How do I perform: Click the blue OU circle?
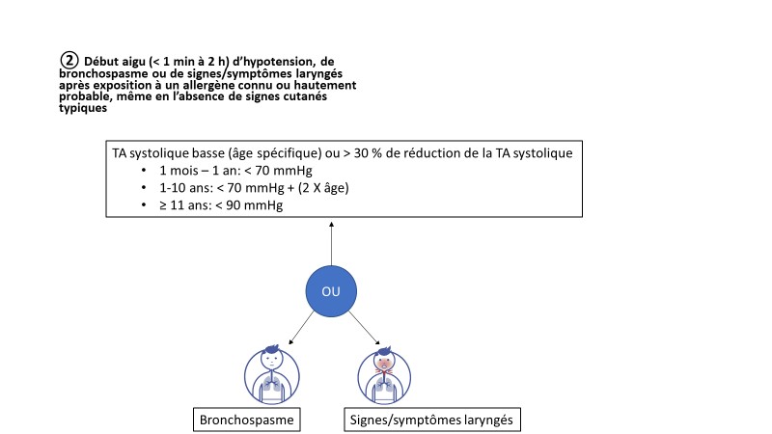click(x=331, y=291)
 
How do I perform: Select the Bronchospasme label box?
click(x=247, y=420)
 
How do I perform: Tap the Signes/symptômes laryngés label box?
click(x=431, y=420)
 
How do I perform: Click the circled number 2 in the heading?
click(x=69, y=60)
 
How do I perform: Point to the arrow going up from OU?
click(x=331, y=244)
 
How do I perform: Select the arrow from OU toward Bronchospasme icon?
click(x=301, y=328)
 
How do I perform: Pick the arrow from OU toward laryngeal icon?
click(x=365, y=328)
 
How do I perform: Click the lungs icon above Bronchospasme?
click(x=272, y=375)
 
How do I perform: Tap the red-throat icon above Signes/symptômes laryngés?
click(x=384, y=375)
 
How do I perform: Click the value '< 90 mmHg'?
click(x=249, y=205)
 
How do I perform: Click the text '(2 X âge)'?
click(x=323, y=188)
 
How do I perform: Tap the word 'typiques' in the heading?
click(x=83, y=108)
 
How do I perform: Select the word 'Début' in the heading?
click(x=101, y=62)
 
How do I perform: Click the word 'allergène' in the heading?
click(x=208, y=85)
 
